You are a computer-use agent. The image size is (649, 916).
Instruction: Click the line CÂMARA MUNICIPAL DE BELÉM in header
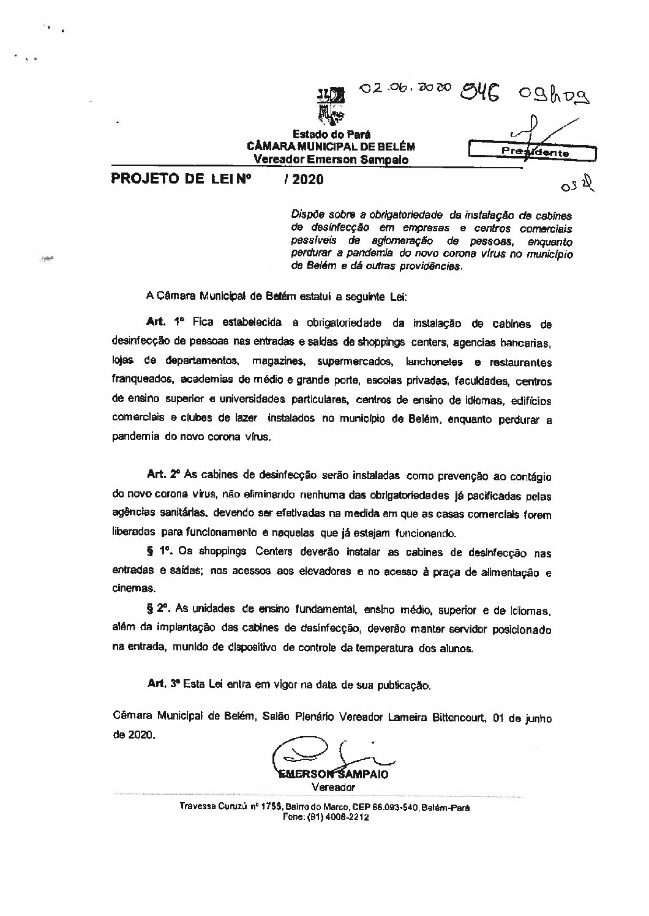point(331,146)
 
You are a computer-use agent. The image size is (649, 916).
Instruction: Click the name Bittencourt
point(452,717)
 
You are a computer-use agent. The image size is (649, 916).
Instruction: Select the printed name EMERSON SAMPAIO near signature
point(333,773)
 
